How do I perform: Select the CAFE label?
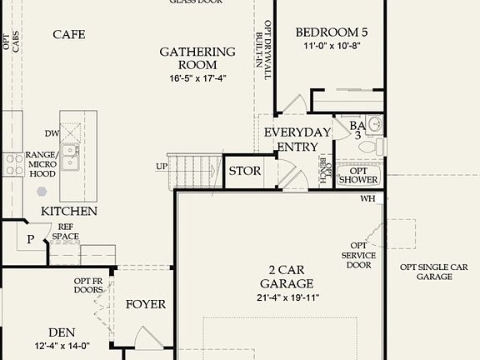click(68, 34)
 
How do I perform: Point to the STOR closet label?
click(244, 172)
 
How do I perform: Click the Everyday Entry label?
click(292, 139)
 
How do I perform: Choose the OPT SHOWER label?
click(358, 175)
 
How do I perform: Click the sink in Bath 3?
click(374, 126)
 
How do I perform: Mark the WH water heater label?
click(367, 199)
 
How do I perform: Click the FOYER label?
click(146, 304)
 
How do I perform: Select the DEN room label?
click(62, 331)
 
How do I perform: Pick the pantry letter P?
click(30, 239)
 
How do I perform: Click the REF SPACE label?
click(67, 231)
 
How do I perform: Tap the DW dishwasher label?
click(52, 133)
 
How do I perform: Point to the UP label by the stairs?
click(161, 166)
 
